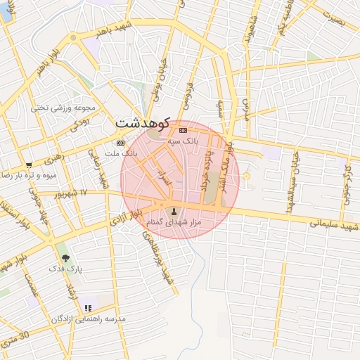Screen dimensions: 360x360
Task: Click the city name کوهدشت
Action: point(143,122)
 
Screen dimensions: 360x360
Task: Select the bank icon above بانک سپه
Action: point(183,130)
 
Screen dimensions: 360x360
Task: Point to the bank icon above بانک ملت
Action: point(120,143)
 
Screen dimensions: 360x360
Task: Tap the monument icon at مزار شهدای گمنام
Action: point(174,210)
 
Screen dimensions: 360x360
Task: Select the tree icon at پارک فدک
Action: point(65,258)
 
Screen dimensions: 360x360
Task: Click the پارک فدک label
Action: point(66,269)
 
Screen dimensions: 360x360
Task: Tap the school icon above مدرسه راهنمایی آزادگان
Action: point(88,308)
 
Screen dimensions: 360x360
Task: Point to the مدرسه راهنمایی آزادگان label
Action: point(87,319)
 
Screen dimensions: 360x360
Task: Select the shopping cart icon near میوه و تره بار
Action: point(29,165)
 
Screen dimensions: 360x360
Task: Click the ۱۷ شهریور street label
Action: point(72,192)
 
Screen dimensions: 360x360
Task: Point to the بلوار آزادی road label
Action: point(125,217)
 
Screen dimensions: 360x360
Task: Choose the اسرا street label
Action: point(162,177)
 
